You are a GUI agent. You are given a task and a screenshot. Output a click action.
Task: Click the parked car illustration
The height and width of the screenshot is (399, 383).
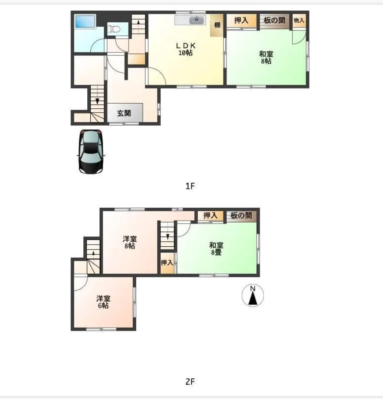[91, 152]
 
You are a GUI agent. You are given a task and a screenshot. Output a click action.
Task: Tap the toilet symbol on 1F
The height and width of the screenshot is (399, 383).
[114, 29]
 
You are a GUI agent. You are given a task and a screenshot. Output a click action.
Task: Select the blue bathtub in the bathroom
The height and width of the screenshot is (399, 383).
[85, 21]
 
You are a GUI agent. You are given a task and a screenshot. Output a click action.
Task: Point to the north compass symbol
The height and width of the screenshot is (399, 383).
[252, 295]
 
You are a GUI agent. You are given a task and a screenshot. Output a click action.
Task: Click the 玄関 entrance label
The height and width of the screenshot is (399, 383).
[124, 113]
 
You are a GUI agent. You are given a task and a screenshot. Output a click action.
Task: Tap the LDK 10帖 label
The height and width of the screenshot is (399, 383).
[186, 49]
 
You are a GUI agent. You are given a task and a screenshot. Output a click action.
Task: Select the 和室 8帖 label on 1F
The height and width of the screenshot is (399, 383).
[266, 58]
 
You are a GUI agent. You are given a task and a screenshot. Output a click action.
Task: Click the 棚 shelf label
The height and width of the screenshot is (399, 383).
[217, 25]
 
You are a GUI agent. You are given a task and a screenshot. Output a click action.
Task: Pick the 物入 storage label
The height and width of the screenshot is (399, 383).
[299, 20]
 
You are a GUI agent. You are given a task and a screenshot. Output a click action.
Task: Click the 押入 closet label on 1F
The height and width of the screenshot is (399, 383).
[241, 20]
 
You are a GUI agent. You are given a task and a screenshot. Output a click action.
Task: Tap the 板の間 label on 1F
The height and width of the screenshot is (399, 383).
[274, 20]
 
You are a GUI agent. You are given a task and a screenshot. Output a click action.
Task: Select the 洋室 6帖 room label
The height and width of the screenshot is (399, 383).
[103, 302]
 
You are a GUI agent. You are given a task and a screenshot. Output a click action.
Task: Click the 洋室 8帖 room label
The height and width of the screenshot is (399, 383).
[130, 242]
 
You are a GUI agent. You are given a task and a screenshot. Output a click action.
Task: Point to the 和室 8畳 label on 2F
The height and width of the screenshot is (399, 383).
[216, 249]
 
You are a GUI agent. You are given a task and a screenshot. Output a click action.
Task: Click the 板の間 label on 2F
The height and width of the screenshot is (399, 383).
[241, 215]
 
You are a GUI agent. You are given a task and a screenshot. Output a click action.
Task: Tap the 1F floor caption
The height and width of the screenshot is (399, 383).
[190, 186]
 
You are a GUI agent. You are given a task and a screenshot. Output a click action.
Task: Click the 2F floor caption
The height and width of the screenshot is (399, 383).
[190, 381]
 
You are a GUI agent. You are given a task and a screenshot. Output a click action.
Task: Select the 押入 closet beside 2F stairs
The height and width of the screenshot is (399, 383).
[167, 263]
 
